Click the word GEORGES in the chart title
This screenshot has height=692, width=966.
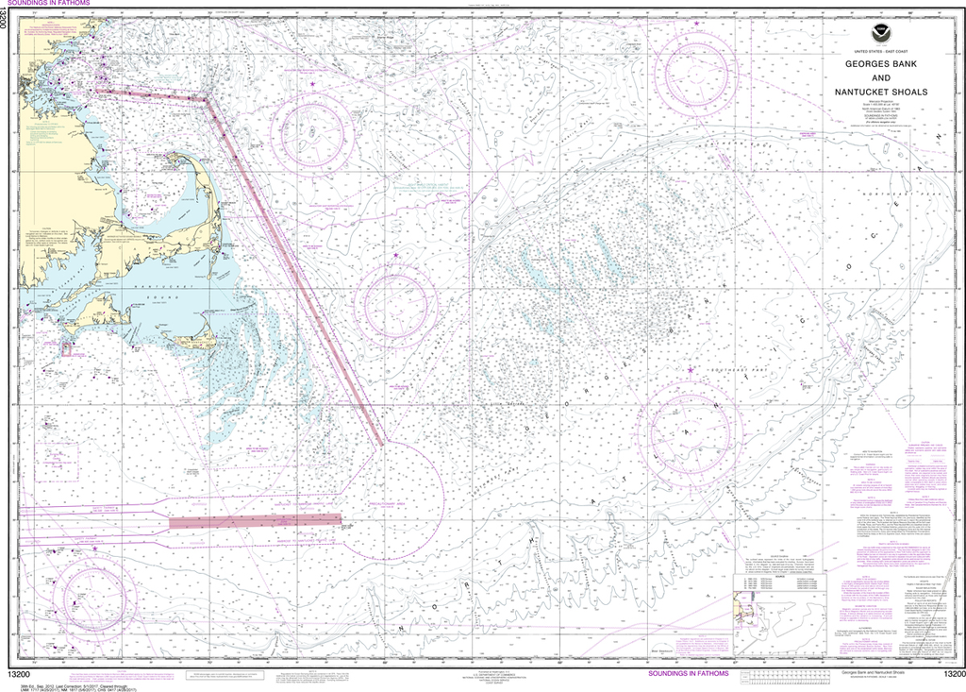click(x=854, y=61)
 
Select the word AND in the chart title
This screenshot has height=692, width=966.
click(x=879, y=76)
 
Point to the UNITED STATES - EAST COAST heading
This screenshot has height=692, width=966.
click(x=879, y=47)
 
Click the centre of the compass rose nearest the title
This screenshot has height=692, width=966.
click(x=698, y=70)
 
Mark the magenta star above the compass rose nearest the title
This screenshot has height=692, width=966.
click(x=697, y=23)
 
